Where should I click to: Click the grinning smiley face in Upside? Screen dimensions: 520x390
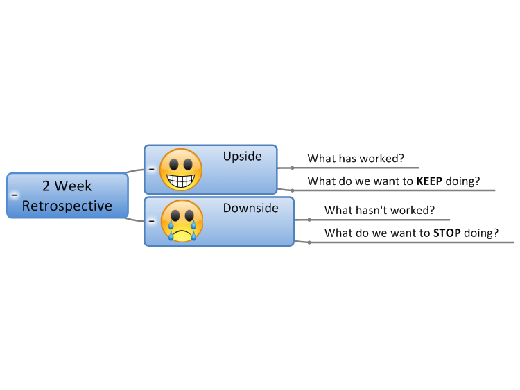pyautogui.click(x=181, y=170)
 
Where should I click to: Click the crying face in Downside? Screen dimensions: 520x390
pyautogui.click(x=182, y=221)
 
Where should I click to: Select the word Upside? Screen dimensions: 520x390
pyautogui.click(x=242, y=157)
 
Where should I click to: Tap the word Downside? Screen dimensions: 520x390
pyautogui.click(x=250, y=208)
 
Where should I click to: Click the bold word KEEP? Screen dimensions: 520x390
pyautogui.click(x=429, y=181)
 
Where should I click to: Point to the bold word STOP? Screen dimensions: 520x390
pyautogui.click(x=447, y=233)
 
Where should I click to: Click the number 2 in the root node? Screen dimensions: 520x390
pyautogui.click(x=46, y=186)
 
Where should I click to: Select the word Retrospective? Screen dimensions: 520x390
pyautogui.click(x=67, y=206)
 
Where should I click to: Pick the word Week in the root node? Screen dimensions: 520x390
pyautogui.click(x=73, y=186)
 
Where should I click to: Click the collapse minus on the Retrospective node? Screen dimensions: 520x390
pyautogui.click(x=15, y=195)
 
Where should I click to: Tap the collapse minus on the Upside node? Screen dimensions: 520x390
pyautogui.click(x=152, y=169)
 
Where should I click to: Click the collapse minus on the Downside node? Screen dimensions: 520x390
pyautogui.click(x=152, y=221)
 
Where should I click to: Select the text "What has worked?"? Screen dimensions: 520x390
pyautogui.click(x=356, y=159)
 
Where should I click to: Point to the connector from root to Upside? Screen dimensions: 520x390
pyautogui.click(x=135, y=171)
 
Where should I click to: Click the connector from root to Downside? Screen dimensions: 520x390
pyautogui.click(x=135, y=220)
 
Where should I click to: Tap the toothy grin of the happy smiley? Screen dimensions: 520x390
pyautogui.click(x=181, y=181)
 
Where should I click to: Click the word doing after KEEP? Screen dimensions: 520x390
pyautogui.click(x=460, y=181)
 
